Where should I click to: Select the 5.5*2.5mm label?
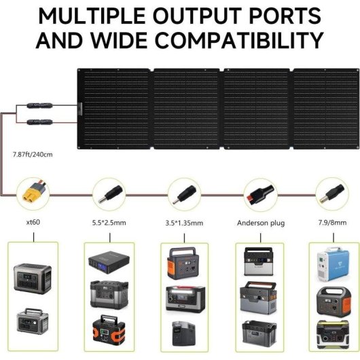109,223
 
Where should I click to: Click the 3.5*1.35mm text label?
184,223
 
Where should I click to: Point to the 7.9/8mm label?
332,223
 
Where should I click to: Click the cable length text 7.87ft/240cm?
33,154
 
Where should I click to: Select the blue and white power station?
333,264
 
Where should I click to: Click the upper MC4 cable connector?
39,105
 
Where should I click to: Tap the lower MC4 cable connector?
39,122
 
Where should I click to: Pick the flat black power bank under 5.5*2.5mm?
109,262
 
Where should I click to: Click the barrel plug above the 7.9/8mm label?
331,194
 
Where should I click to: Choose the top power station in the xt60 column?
33,278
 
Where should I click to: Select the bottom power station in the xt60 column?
33,321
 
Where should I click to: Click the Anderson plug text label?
261,223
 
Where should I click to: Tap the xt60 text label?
33,222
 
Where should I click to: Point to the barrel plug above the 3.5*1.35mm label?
184,195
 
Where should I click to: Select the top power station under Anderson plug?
259,262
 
